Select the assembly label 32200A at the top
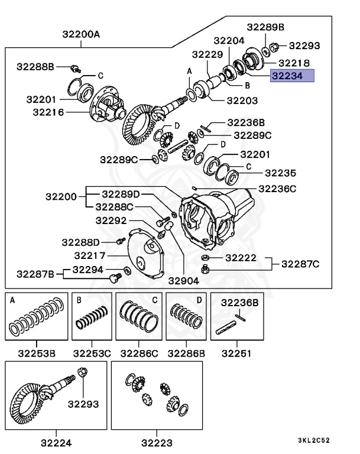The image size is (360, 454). [80, 34]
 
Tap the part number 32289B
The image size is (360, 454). [265, 27]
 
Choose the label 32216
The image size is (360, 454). [46, 111]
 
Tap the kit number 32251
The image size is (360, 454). [235, 354]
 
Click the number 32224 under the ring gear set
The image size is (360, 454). [57, 442]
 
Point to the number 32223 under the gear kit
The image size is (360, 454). [157, 442]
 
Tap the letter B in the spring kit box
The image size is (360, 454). [78, 300]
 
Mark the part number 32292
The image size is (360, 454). [112, 220]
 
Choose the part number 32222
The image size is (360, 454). [241, 258]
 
